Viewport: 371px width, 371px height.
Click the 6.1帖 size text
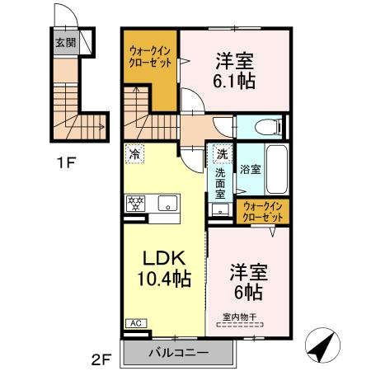[235, 81]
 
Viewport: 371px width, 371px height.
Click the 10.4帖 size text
[164, 278]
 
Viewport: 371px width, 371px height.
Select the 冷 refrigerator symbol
[134, 153]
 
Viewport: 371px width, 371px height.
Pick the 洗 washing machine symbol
[221, 153]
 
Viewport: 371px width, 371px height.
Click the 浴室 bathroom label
[251, 169]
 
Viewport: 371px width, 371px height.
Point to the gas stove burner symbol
[134, 202]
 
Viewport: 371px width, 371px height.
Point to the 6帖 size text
[248, 293]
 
